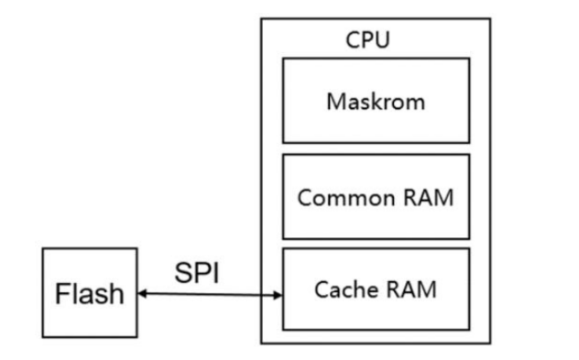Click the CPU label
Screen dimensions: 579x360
pyautogui.click(x=367, y=39)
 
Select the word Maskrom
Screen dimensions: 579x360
pyautogui.click(x=376, y=102)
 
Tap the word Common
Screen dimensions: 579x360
pyautogui.click(x=346, y=198)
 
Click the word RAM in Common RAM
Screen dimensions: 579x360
pyautogui.click(x=429, y=197)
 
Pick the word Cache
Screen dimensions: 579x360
pyautogui.click(x=344, y=289)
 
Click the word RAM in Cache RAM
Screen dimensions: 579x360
pyautogui.click(x=412, y=289)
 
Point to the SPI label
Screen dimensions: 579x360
pyautogui.click(x=197, y=273)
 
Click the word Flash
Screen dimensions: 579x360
pyautogui.click(x=90, y=293)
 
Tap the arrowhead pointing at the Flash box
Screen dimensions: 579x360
pyautogui.click(x=142, y=293)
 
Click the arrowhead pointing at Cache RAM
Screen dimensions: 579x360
pyautogui.click(x=278, y=295)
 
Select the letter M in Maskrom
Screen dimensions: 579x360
pyautogui.click(x=336, y=102)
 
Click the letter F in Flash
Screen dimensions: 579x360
pyautogui.click(x=62, y=293)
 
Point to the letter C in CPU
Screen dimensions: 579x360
pyautogui.click(x=353, y=40)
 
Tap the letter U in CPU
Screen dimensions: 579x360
pyautogui.click(x=383, y=40)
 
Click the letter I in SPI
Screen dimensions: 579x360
pyautogui.click(x=216, y=273)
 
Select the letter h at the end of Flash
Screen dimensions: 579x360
pyautogui.click(x=117, y=293)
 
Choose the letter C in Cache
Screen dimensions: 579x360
pyautogui.click(x=322, y=289)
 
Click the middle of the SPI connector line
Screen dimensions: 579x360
pyautogui.click(x=210, y=294)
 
